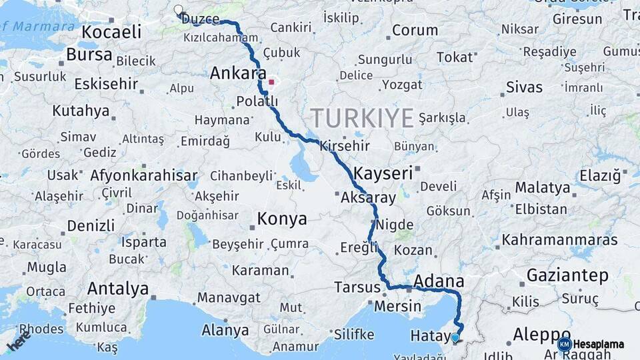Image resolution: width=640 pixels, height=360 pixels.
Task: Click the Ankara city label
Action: point(238,73)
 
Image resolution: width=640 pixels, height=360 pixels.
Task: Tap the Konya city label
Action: point(282,219)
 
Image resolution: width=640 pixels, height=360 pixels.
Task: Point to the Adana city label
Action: point(439,281)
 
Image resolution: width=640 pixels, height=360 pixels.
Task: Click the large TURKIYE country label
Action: point(362,119)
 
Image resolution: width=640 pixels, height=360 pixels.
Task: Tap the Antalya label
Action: point(118,289)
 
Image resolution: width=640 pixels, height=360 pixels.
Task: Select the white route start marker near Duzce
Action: point(178,10)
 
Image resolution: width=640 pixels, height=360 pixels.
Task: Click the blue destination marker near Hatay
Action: point(455,338)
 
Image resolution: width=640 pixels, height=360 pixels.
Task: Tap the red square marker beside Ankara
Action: point(271,83)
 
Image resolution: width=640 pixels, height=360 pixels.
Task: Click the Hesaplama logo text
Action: point(598,344)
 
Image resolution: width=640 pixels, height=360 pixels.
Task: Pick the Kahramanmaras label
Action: point(559,239)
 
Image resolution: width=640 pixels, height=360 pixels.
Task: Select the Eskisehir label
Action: point(106,84)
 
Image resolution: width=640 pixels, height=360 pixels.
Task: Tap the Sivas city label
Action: point(524,87)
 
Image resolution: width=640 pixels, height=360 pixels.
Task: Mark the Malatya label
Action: point(543,187)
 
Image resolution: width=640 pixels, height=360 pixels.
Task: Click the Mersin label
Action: point(398,307)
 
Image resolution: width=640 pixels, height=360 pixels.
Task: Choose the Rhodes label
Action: point(41,329)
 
